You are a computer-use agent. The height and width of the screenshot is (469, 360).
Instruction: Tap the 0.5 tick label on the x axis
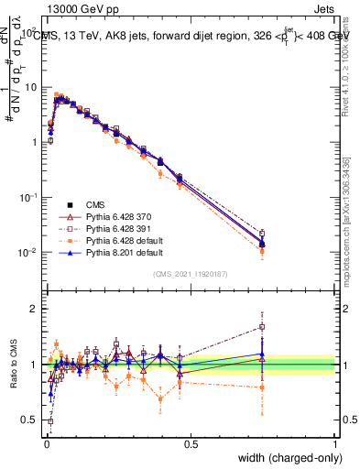point(191,443)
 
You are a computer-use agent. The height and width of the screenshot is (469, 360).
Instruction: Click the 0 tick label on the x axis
point(46,443)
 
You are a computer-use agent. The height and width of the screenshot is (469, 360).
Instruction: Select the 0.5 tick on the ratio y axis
point(33,420)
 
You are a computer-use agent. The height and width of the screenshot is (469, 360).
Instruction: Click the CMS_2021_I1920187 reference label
point(190,274)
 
